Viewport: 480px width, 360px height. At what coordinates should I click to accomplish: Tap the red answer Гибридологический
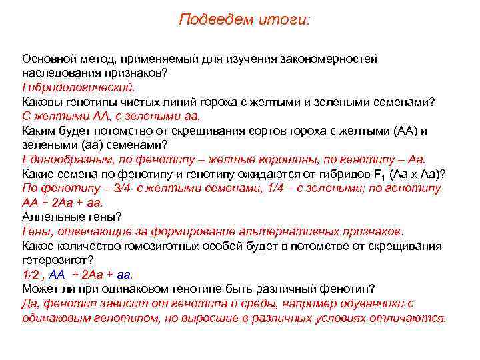click(79, 87)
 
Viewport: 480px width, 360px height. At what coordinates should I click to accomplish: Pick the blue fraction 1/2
click(31, 275)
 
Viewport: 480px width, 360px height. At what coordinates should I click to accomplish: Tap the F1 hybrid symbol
click(357, 175)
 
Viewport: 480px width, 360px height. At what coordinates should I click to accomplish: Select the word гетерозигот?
click(58, 260)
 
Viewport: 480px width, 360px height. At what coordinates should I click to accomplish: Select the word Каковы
click(42, 102)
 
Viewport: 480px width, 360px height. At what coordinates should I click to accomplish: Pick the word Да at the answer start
click(29, 303)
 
